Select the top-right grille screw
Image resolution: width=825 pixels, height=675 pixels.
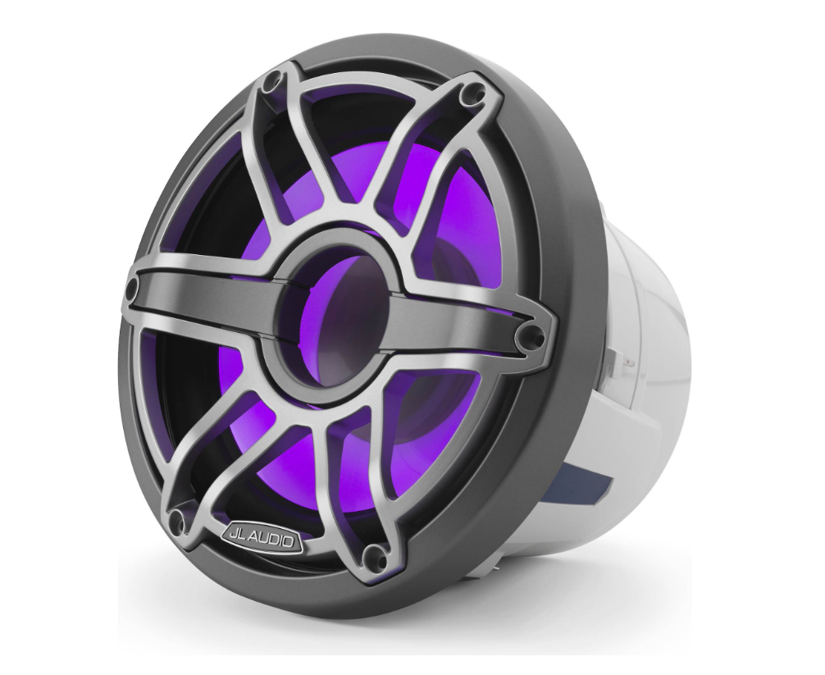coord(472,96)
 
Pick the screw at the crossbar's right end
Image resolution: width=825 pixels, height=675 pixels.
coord(534,335)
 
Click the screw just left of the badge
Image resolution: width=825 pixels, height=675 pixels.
coord(174,517)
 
